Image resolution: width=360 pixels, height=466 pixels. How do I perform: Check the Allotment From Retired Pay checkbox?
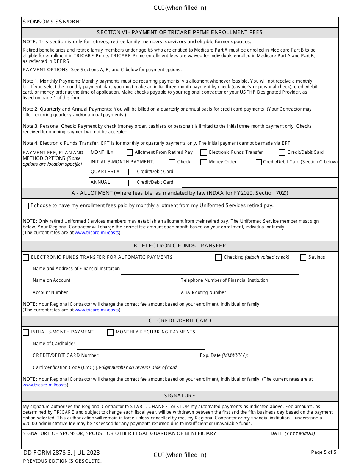130,153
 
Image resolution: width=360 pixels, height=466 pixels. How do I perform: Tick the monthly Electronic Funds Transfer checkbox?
204,153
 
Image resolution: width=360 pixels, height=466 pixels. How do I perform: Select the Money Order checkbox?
204,162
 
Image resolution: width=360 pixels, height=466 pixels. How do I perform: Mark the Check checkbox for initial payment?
172,162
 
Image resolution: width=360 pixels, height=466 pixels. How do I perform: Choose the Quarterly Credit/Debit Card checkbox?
132,172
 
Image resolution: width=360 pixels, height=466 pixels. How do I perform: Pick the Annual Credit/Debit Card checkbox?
132,183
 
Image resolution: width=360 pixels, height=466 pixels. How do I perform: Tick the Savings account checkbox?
303,258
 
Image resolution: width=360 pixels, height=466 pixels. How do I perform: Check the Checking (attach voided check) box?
218,258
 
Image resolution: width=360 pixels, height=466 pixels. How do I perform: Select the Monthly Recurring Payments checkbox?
110,332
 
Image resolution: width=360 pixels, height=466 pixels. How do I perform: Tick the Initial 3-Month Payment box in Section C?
26,332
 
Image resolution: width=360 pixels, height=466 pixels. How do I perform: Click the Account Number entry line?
121,294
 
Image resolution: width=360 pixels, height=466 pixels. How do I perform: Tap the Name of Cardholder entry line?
141,346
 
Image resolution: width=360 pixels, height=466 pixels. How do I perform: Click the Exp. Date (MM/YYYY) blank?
261,358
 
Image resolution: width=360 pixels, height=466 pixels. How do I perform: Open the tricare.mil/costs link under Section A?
97,233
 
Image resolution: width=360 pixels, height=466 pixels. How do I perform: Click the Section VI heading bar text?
180,33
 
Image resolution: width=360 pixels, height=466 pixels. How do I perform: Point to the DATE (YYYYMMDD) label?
292,433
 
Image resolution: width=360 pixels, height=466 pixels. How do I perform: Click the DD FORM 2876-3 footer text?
61,453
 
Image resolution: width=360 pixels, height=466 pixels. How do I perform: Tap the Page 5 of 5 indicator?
324,452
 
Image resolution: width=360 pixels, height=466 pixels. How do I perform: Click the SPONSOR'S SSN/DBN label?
52,22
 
